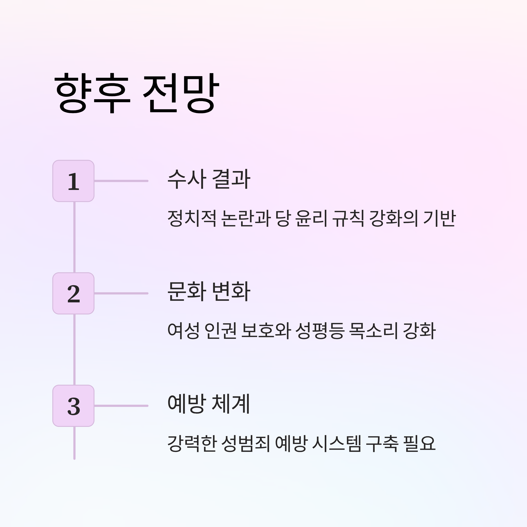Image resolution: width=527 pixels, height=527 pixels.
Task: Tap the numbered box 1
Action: point(73,181)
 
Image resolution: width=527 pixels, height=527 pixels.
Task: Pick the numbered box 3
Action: point(73,406)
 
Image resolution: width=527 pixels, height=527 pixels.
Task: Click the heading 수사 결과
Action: point(209,179)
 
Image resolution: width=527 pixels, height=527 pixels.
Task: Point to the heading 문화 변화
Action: point(209,292)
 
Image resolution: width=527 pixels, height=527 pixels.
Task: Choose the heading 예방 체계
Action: point(209,404)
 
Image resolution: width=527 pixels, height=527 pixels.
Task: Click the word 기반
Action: point(439,218)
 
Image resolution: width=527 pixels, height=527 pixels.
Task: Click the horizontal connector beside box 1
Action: point(121,181)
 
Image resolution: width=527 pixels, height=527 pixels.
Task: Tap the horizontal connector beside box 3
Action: point(121,406)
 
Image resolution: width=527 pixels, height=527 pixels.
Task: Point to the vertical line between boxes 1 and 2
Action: point(74,237)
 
